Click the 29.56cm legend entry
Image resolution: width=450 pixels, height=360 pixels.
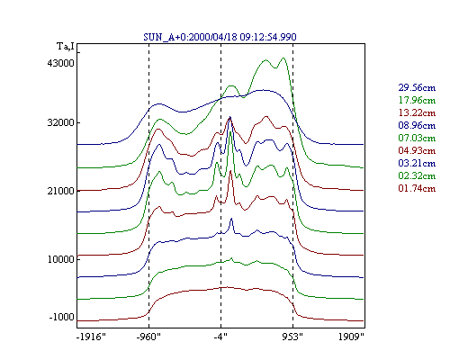[417, 87]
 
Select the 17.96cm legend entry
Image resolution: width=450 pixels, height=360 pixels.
[417, 100]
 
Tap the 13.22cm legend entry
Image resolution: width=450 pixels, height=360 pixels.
[417, 112]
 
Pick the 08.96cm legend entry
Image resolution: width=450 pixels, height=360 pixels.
[417, 125]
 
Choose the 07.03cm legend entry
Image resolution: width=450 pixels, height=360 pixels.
[417, 138]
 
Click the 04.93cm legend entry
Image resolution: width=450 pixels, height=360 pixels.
[417, 150]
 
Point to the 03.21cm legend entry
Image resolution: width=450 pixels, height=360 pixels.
[417, 163]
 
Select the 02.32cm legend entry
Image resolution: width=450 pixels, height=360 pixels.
[417, 175]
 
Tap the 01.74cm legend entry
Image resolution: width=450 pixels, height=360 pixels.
[417, 188]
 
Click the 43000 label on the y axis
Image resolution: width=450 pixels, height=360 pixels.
[60, 63]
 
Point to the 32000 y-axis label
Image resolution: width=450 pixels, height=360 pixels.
[60, 122]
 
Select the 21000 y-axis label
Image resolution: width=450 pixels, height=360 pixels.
[60, 191]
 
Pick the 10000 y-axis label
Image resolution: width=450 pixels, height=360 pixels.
[60, 259]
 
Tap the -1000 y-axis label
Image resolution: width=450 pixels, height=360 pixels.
[61, 317]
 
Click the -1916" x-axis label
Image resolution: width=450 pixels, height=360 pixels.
[91, 337]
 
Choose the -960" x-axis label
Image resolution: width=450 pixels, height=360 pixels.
[148, 337]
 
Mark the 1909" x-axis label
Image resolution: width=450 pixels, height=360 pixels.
[351, 337]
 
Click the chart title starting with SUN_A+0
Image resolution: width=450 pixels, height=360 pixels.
[220, 37]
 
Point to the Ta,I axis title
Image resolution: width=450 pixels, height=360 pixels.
[66, 47]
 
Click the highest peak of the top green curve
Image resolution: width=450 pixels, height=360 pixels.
[283, 58]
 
